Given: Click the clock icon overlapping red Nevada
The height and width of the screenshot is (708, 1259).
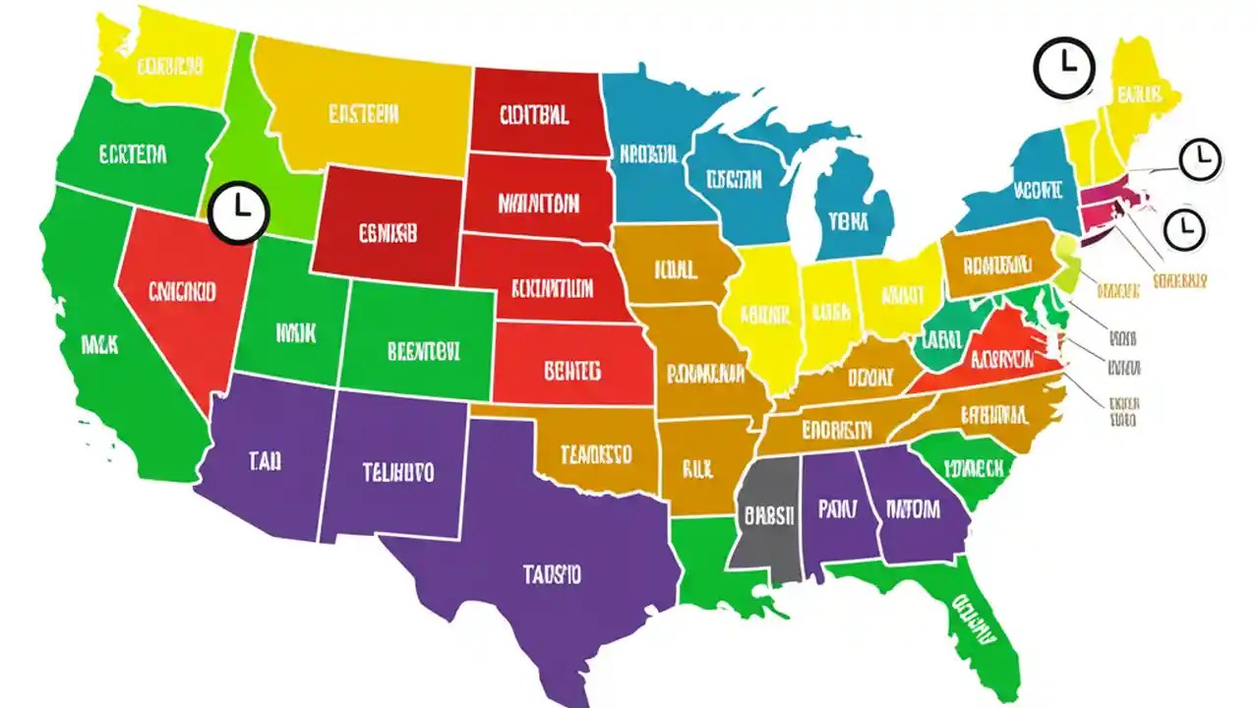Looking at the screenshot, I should (238, 211).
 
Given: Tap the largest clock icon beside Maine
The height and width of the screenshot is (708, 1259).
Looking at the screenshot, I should (1064, 68).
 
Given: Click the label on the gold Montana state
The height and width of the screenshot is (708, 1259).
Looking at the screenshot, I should (363, 115).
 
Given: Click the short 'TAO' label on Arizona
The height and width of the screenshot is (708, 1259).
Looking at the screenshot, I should (265, 461).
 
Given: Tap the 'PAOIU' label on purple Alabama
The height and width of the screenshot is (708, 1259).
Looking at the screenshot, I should (837, 509).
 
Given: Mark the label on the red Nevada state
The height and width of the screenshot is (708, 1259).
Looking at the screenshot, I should (182, 291).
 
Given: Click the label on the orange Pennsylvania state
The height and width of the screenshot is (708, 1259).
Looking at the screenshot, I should (996, 264).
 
